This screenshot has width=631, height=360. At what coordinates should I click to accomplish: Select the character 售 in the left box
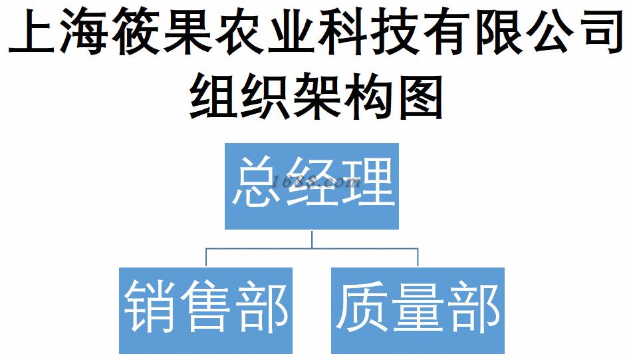(x=206, y=307)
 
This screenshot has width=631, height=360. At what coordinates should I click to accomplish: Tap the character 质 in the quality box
(x=363, y=307)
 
